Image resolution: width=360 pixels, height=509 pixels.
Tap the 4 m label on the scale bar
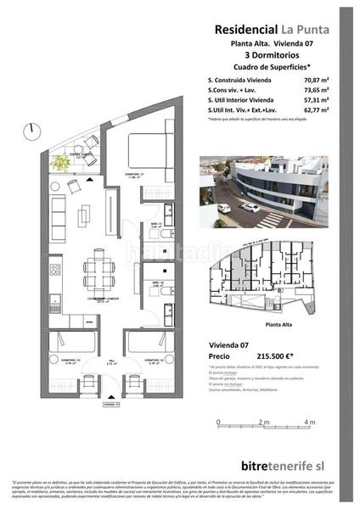pos(308,421)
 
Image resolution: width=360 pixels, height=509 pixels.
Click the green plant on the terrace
pos(60,164)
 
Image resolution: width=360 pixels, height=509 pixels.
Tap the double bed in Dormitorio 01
pos(139,154)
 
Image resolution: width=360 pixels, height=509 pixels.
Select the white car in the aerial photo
pos(248,207)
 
